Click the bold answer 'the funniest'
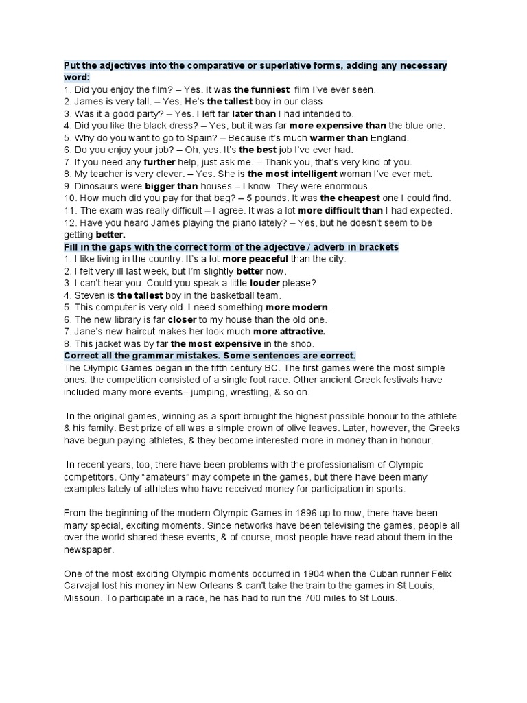[x=262, y=89]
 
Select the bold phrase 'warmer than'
[x=339, y=137]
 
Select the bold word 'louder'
[x=266, y=283]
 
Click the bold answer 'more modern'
[x=298, y=307]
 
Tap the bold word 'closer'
[x=183, y=319]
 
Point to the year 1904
[x=299, y=573]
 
